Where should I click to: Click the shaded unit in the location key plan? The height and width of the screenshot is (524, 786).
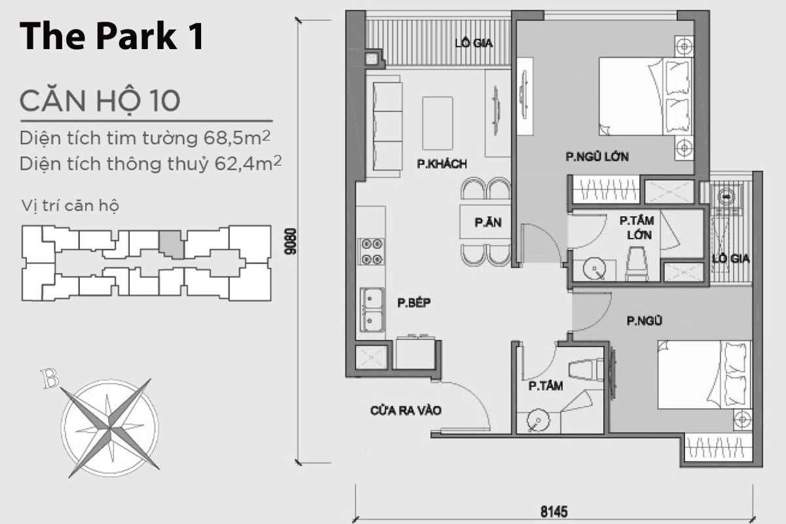coord(172,244)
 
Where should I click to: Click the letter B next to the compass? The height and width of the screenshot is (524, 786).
coord(48,378)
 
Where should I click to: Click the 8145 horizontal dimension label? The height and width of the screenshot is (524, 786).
coord(553,510)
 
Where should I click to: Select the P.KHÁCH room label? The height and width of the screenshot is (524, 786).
coord(441,165)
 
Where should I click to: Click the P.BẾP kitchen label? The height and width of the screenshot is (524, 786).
coord(413,303)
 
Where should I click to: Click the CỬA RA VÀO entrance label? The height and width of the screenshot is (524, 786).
coord(405,411)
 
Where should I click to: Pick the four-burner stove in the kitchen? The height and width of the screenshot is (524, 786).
coord(370,252)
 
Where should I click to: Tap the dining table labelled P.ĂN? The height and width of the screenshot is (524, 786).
coord(487,223)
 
